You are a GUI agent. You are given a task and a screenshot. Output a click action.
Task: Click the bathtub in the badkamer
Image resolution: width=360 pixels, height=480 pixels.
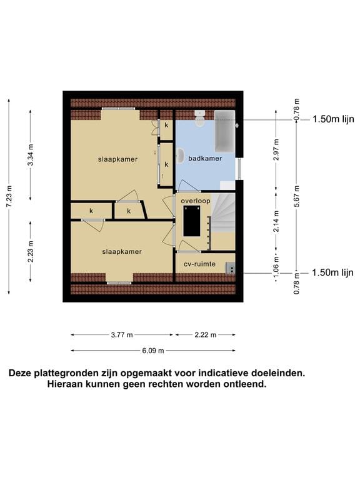click(x=224, y=132)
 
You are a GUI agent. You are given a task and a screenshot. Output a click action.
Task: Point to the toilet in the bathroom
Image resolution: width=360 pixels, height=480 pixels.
click(x=199, y=118)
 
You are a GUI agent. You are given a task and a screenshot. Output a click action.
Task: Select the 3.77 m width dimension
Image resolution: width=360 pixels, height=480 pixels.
click(x=122, y=335)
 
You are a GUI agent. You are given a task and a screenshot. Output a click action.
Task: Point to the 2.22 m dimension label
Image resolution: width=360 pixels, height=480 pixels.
click(x=205, y=335)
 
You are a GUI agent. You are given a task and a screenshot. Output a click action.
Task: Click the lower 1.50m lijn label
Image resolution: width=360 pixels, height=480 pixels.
click(x=332, y=272)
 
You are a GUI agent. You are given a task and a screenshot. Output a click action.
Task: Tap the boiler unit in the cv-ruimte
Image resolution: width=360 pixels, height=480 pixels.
click(x=231, y=267)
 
